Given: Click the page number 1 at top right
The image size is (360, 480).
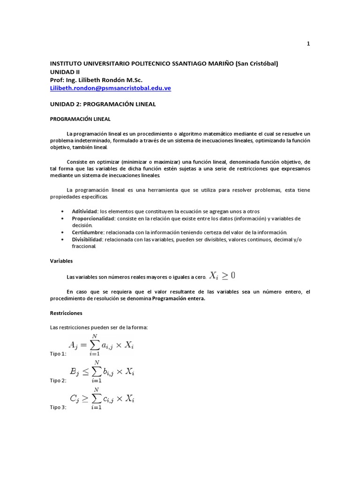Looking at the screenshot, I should tap(308, 44).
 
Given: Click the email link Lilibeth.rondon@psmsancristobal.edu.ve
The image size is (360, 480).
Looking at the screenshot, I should tap(110, 88).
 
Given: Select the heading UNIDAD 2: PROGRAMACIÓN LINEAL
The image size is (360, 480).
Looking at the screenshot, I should tap(103, 104).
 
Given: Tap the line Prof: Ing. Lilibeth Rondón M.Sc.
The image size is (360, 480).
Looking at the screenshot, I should tap(96, 80).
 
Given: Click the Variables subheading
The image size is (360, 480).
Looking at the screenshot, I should tap(61, 261).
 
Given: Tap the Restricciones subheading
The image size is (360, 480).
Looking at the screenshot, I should tap(66, 313).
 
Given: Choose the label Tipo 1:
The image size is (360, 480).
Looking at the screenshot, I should tap(59, 354).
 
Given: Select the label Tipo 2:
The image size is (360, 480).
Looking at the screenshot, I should tap(59, 381).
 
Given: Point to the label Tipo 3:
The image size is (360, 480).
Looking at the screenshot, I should tap(59, 408).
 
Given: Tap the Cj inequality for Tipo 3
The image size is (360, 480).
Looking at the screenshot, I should tap(101, 399).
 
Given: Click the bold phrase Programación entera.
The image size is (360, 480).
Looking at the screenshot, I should tap(179, 299).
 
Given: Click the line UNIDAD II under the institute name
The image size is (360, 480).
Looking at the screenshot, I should tap(65, 72).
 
